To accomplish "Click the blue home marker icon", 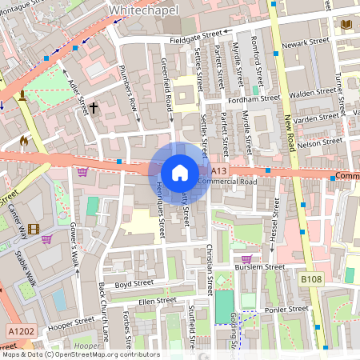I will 180,172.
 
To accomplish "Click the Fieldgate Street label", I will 194,35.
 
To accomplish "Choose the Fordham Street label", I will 253,99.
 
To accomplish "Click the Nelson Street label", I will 319,142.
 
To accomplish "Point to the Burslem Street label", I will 262,267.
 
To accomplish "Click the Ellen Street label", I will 157,301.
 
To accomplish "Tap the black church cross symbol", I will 94,106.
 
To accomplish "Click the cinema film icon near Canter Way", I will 33,230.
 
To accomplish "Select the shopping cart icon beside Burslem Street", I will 246,258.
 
